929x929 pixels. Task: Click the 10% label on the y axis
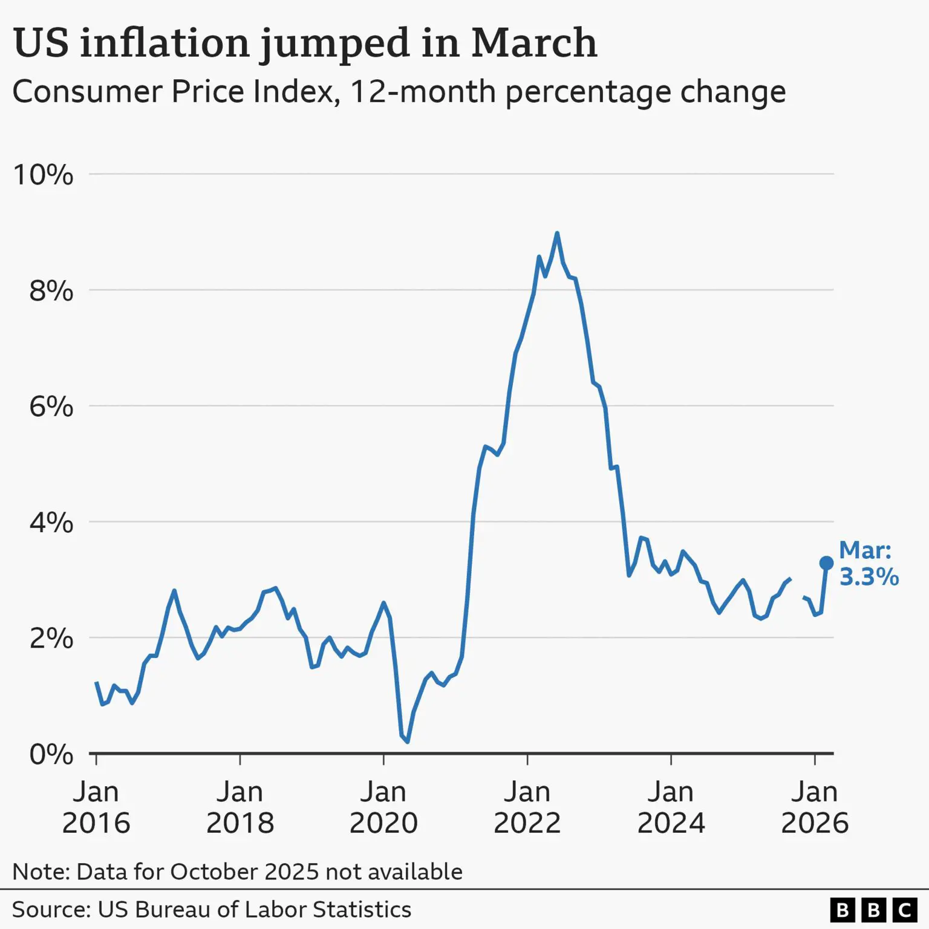[43, 175]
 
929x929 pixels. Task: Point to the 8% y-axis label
[51, 291]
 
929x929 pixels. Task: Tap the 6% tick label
[51, 406]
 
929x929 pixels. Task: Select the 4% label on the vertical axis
[51, 523]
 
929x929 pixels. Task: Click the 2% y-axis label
[51, 639]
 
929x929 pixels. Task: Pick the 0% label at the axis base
[51, 754]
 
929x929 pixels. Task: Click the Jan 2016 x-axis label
[96, 807]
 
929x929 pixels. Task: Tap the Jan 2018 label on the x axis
[240, 807]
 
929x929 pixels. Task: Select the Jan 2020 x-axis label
[383, 807]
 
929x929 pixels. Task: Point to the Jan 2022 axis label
[527, 807]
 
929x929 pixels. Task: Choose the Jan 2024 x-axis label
[671, 807]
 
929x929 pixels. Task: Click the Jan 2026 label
[815, 807]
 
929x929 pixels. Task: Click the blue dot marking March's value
[826, 563]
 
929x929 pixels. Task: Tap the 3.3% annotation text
[869, 577]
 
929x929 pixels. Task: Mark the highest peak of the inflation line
[557, 233]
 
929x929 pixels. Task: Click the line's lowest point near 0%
[408, 742]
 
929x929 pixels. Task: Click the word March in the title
[534, 43]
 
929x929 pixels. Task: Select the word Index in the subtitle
[293, 92]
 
